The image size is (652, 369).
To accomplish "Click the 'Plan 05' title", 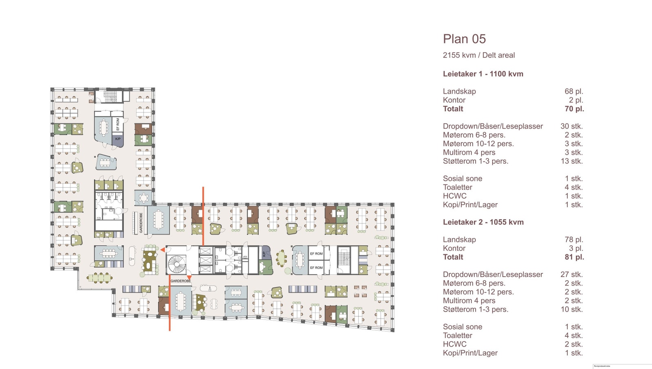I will point(464,39).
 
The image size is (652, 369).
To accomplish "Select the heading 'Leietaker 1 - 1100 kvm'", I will point(483,74).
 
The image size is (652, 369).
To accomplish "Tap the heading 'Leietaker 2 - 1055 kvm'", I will point(483,222).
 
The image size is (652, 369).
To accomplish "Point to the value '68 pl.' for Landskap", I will point(574,92).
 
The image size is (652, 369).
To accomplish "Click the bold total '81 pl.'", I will point(574,257).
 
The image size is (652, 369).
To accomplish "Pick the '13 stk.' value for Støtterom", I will point(572,161).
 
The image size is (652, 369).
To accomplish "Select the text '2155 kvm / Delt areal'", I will point(479,55).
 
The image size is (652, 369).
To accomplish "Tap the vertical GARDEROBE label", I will point(141,223).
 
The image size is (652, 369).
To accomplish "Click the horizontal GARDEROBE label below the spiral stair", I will point(181,281).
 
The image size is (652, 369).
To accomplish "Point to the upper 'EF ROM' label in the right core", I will point(316,254).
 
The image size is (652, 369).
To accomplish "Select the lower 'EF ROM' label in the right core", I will point(316,268).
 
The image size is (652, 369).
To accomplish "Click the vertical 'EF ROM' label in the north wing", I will point(118,125).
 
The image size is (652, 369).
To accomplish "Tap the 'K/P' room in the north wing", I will point(118,139).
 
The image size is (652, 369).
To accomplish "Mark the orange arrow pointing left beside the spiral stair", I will point(162,250).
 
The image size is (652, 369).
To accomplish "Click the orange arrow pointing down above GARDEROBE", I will point(189,278).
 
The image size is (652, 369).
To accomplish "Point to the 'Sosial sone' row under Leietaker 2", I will point(463,327).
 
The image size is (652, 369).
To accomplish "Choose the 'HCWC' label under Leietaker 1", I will point(454,196).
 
